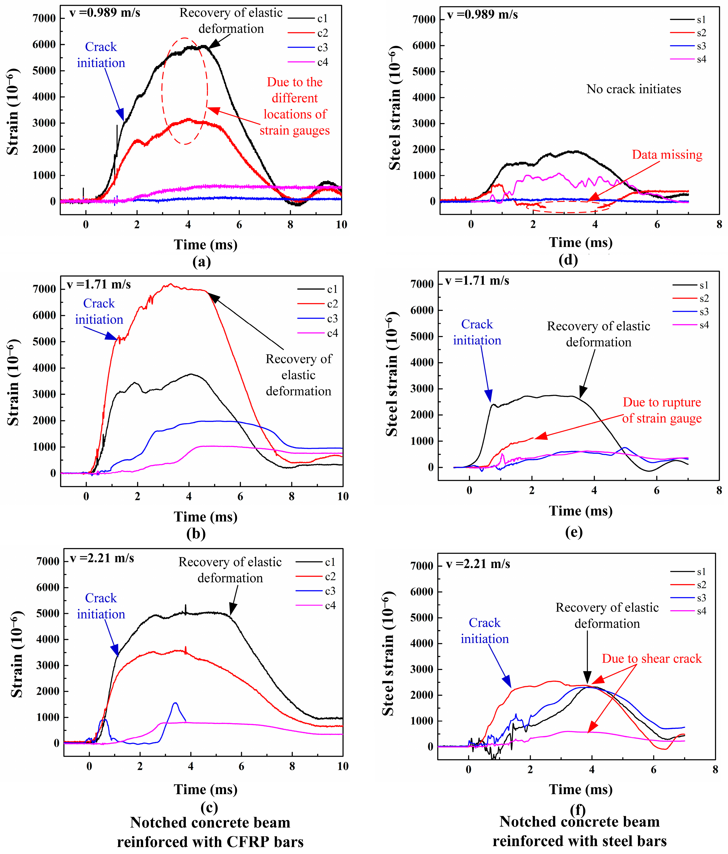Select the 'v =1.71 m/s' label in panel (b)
pyautogui.click(x=99, y=284)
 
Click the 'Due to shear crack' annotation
pyautogui.click(x=651, y=659)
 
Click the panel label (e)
pyautogui.click(x=573, y=532)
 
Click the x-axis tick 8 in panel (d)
pyautogui.click(x=719, y=225)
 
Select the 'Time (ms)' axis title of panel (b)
pyautogui.click(x=206, y=517)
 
